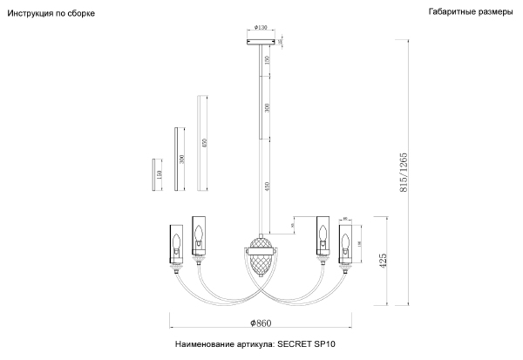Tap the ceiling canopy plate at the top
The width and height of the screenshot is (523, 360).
[262, 42]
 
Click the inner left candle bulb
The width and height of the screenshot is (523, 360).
[199, 234]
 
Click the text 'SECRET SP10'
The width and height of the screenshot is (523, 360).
[306, 345]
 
